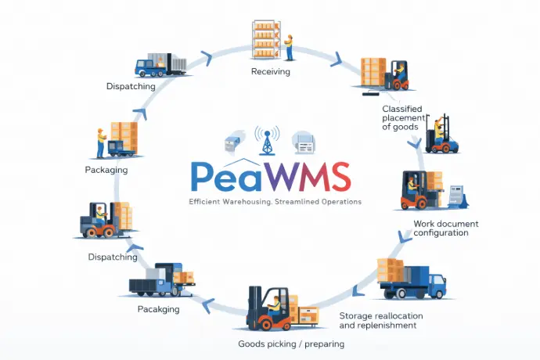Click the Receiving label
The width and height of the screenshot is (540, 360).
(x=271, y=72)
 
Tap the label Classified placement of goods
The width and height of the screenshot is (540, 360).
(x=403, y=117)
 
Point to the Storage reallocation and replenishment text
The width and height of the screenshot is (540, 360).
(x=381, y=320)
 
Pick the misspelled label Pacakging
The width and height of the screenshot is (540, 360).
(x=159, y=309)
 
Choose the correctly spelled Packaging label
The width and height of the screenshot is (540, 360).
(x=106, y=169)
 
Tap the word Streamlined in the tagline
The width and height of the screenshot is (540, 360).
(x=295, y=201)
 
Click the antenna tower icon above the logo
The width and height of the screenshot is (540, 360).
(x=268, y=141)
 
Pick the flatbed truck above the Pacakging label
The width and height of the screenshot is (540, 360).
(x=162, y=282)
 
